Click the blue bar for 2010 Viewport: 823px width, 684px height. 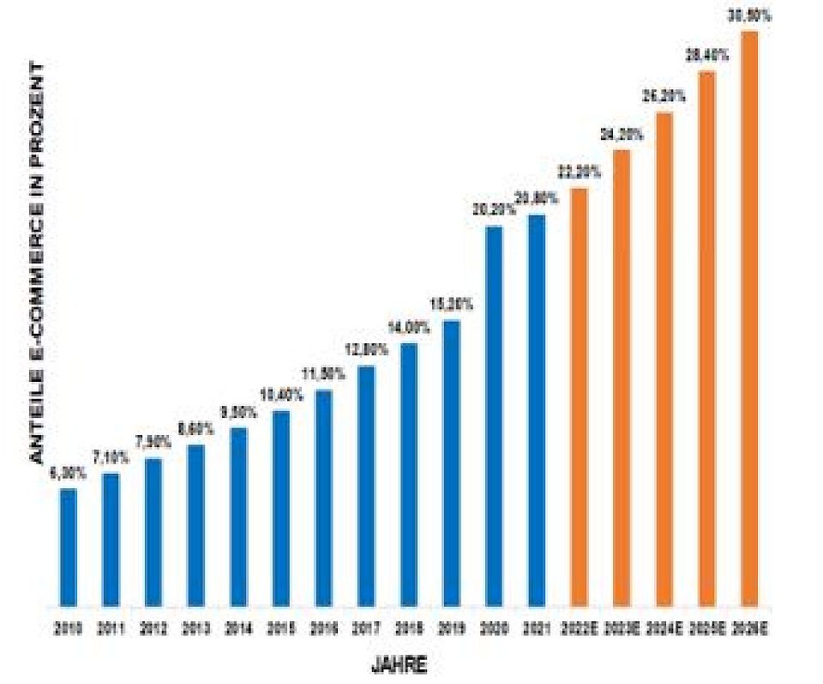pyautogui.click(x=68, y=547)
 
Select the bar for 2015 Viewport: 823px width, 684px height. pyautogui.click(x=281, y=508)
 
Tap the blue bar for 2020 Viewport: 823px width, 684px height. pyautogui.click(x=495, y=415)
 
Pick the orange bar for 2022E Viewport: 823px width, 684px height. pyautogui.click(x=580, y=396)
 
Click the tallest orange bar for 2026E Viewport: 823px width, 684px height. pyautogui.click(x=749, y=318)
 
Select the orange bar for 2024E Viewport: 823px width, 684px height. pyautogui.click(x=664, y=359)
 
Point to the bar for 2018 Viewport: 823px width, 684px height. pyautogui.click(x=409, y=474)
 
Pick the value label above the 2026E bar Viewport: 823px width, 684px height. pyautogui.click(x=750, y=16)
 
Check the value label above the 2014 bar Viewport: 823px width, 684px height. pyautogui.click(x=239, y=412)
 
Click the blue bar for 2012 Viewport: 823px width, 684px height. pyautogui.click(x=153, y=531)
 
